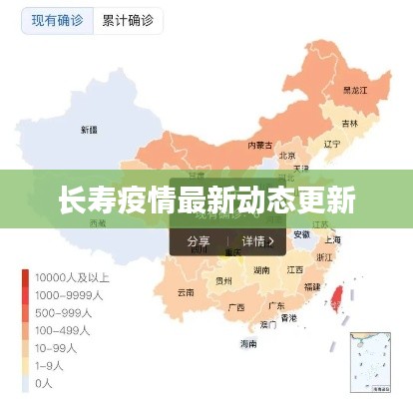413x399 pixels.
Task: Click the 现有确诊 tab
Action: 56,21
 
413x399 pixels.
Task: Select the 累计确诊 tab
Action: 127,21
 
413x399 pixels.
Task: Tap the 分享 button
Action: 199,241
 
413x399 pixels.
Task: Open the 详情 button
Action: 257,241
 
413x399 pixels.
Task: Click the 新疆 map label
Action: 89,130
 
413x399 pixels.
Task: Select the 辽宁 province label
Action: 331,144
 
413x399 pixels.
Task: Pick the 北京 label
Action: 287,156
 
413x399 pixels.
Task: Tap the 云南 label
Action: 186,292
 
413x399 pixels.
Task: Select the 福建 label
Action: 311,286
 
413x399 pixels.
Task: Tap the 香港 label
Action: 288,318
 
